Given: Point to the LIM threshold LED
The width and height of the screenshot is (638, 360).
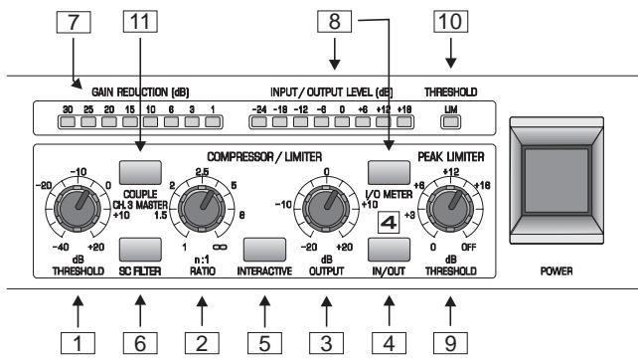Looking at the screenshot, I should pos(450,122).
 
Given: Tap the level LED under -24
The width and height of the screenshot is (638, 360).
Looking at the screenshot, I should pos(262,122).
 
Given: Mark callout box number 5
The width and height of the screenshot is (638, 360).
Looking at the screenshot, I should pos(262,345).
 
